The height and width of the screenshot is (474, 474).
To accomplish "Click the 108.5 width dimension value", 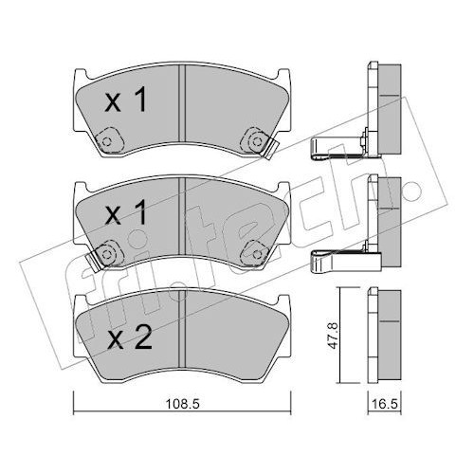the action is (x=182, y=404).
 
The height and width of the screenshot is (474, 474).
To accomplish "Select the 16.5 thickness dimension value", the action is (x=384, y=404).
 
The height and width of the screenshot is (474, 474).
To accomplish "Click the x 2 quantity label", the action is (x=129, y=337).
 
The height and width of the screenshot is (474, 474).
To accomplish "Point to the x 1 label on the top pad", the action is (x=126, y=100).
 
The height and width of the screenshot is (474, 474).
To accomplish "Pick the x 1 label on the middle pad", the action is (x=126, y=212).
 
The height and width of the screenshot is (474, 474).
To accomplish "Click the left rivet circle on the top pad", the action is (x=107, y=141).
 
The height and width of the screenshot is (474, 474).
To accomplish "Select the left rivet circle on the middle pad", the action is (x=107, y=254).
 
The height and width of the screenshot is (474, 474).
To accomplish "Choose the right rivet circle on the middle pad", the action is (x=258, y=254).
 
